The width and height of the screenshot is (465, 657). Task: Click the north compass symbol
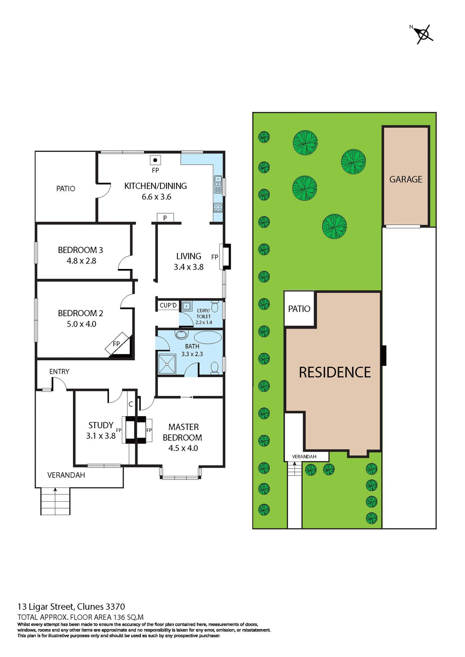(423, 34)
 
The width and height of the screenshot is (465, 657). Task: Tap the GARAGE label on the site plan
(405, 179)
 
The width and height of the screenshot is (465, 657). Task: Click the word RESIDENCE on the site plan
(335, 372)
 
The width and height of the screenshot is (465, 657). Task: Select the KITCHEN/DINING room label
(155, 186)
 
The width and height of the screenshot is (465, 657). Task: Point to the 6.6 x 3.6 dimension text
(156, 197)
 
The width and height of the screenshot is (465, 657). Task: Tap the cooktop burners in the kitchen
(218, 207)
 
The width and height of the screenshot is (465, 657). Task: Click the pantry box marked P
(165, 218)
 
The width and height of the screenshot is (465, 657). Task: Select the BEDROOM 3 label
(80, 250)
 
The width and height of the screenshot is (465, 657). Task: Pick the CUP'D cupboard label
(168, 305)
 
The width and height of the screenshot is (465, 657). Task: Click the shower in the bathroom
(167, 364)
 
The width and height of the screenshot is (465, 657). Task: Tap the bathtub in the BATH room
(208, 337)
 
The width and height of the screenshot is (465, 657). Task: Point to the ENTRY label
(59, 371)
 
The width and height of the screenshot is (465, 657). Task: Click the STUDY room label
(101, 425)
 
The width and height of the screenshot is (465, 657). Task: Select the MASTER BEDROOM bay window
(180, 475)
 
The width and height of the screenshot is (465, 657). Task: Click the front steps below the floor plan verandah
(55, 501)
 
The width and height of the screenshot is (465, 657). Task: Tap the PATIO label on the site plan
(299, 309)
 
